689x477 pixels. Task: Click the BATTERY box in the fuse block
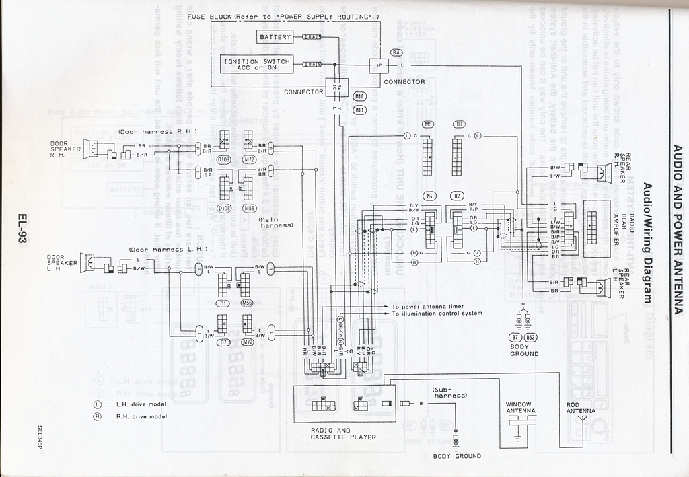point(275,37)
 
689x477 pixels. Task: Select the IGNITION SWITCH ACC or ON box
point(257,64)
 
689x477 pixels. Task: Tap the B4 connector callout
point(396,52)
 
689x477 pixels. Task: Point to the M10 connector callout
point(359,96)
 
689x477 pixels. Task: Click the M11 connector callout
point(359,110)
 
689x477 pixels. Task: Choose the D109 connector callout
point(224,159)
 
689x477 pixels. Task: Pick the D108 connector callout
point(224,208)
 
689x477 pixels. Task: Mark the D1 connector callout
point(223,303)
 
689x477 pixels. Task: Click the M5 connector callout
point(428,124)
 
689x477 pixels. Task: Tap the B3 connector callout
point(459,124)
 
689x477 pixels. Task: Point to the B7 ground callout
point(516,336)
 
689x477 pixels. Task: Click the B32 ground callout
point(531,336)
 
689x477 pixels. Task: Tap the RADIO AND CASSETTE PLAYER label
point(343,433)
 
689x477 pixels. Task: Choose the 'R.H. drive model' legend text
point(141,416)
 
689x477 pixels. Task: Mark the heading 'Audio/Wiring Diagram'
point(648,243)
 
